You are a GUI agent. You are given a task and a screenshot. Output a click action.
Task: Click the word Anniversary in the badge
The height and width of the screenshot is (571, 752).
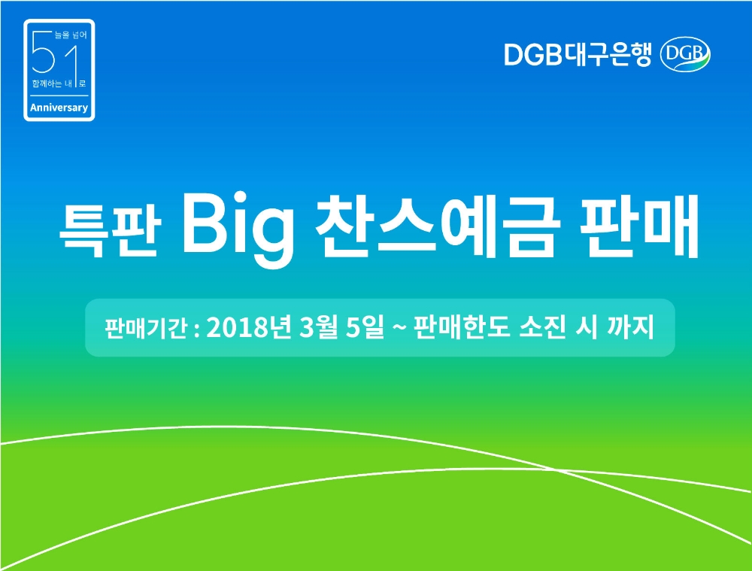pyautogui.click(x=59, y=108)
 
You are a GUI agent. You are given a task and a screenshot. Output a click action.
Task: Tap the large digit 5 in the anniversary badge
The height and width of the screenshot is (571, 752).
pyautogui.click(x=43, y=51)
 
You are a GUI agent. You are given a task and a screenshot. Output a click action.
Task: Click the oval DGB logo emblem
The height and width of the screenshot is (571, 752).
pyautogui.click(x=685, y=54)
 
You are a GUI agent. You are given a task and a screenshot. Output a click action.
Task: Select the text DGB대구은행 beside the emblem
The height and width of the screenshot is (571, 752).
pyautogui.click(x=578, y=55)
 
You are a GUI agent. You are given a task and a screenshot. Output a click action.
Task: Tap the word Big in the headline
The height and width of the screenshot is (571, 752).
pyautogui.click(x=238, y=229)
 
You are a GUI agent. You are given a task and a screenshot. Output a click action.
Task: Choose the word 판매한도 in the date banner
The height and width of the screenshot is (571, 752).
pyautogui.click(x=462, y=328)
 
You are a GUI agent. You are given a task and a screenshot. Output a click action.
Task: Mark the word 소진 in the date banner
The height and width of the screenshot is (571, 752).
pyautogui.click(x=543, y=328)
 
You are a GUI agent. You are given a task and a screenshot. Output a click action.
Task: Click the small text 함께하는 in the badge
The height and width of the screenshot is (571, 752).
pyautogui.click(x=47, y=84)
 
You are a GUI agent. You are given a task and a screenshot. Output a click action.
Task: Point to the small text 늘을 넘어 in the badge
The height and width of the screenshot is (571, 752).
pyautogui.click(x=71, y=35)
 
